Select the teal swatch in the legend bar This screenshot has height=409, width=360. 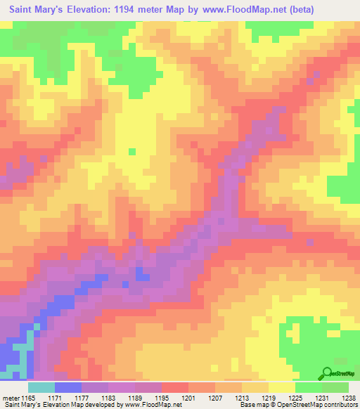point(41,387)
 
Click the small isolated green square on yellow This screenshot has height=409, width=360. point(131,151)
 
